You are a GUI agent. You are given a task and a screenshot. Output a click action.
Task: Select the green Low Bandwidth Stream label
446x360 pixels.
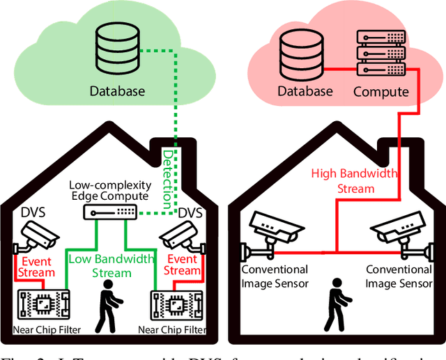click(111, 266)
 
